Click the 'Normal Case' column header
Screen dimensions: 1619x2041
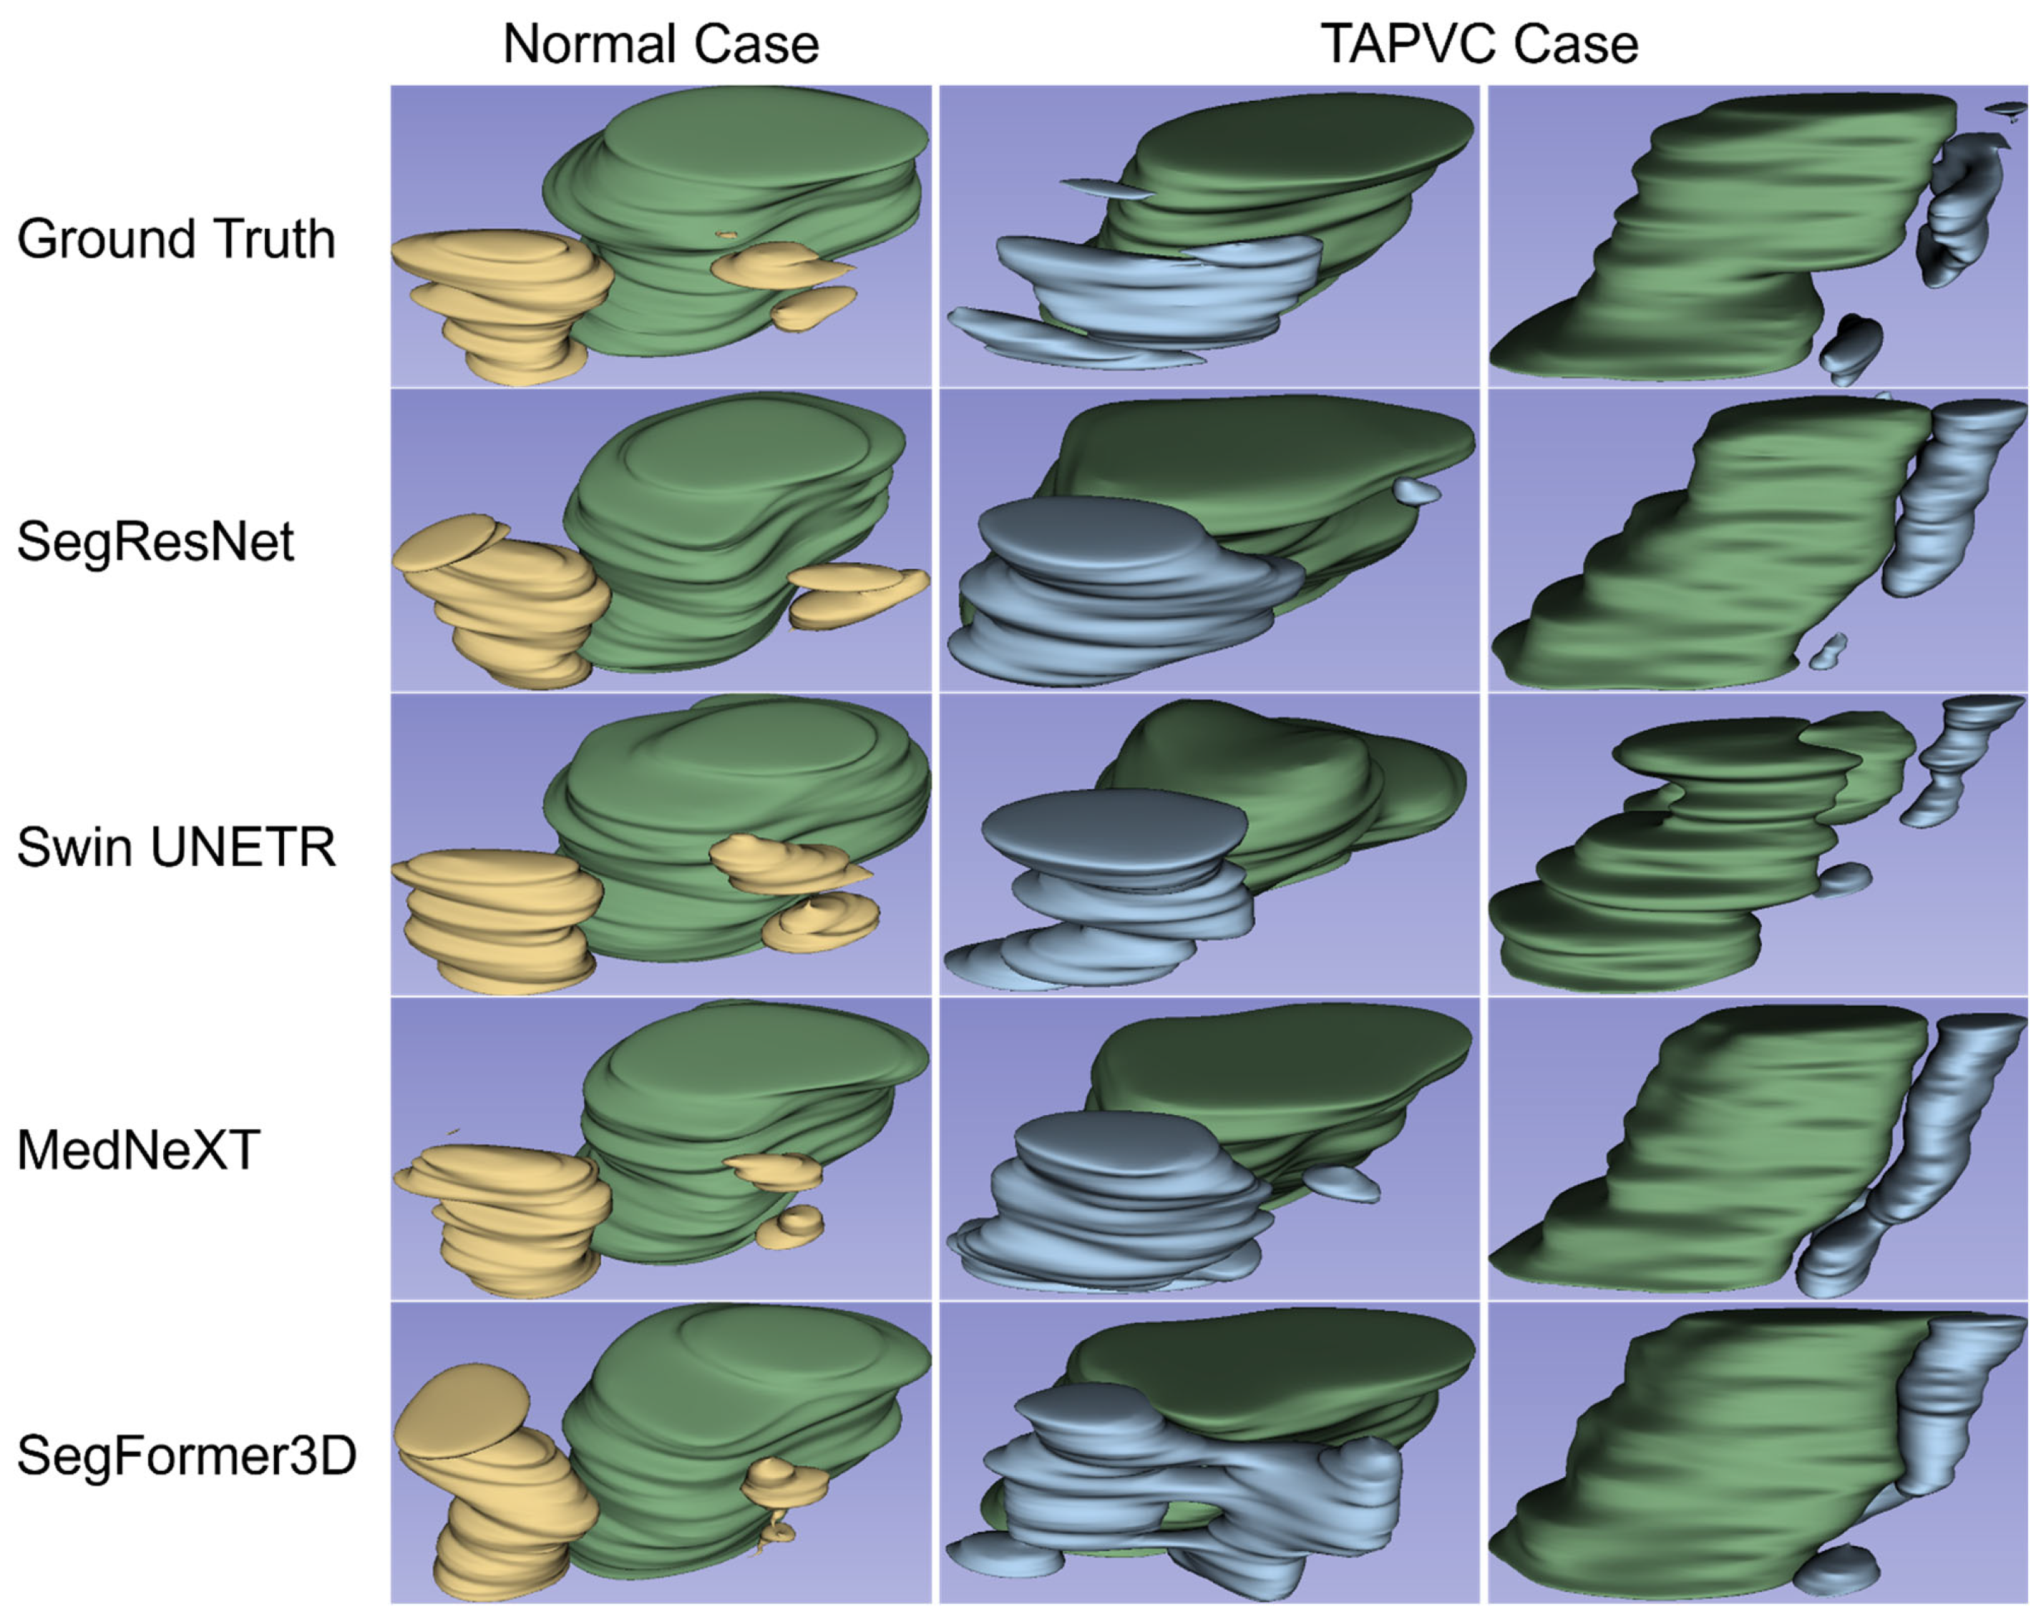click(x=661, y=44)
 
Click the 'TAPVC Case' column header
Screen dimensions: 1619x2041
click(x=1479, y=44)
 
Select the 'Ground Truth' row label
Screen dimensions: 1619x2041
click(x=176, y=238)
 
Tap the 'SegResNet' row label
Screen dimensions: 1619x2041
click(x=155, y=541)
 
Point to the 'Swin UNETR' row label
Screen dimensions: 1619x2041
click(x=176, y=846)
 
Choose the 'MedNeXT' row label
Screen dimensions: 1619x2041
click(x=138, y=1151)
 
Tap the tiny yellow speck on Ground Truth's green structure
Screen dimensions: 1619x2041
click(x=726, y=234)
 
